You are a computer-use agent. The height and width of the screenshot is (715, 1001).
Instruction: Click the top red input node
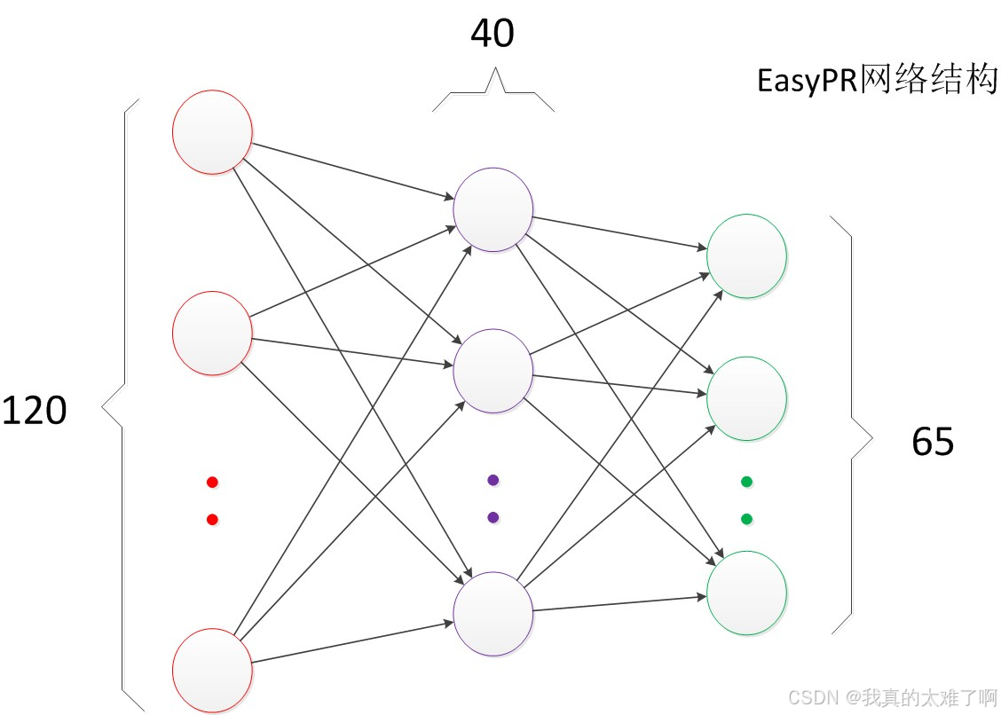click(x=212, y=132)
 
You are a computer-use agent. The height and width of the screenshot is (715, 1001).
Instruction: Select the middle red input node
click(x=212, y=334)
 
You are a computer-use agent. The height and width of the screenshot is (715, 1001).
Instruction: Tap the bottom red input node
click(x=212, y=670)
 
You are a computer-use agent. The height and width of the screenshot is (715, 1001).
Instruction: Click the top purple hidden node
click(x=493, y=209)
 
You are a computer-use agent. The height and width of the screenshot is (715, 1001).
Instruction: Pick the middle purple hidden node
click(x=493, y=371)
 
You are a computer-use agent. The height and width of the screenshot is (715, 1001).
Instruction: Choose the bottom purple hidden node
click(x=493, y=614)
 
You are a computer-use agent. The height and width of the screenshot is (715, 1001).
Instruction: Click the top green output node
click(x=746, y=255)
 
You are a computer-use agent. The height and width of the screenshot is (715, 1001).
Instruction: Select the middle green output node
click(x=746, y=398)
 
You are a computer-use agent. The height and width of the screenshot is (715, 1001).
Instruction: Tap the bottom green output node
click(x=746, y=593)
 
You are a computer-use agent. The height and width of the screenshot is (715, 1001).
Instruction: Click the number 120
click(x=35, y=411)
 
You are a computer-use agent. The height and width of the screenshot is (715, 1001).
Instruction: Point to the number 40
click(x=493, y=34)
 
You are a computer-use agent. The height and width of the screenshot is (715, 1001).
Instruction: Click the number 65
click(x=933, y=441)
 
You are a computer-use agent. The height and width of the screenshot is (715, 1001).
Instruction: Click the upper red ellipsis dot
click(x=212, y=483)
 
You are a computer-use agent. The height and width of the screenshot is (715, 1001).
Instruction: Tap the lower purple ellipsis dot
click(x=493, y=517)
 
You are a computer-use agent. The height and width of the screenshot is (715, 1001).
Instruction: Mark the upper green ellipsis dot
click(x=746, y=483)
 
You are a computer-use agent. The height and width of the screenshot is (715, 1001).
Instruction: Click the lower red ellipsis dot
click(x=212, y=520)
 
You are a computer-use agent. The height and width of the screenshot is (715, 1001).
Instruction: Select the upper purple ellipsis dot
click(x=493, y=480)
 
